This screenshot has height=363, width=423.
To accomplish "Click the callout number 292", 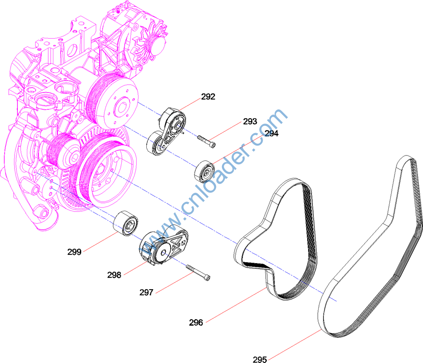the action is tap(208, 97).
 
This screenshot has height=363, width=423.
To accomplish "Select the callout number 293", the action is tap(250, 121).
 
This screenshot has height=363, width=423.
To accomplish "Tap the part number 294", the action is tap(272, 133).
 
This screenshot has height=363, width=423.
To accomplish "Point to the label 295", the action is tap(260, 359).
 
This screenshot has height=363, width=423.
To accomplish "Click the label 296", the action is tap(196, 322).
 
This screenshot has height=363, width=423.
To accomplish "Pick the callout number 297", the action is tap(146, 292).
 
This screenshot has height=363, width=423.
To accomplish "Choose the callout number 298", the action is tap(114, 275).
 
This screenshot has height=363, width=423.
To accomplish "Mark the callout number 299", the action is tap(74, 252).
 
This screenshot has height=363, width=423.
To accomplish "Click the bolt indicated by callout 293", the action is tap(206, 141).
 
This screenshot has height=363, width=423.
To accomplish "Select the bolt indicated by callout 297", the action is tap(198, 273).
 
